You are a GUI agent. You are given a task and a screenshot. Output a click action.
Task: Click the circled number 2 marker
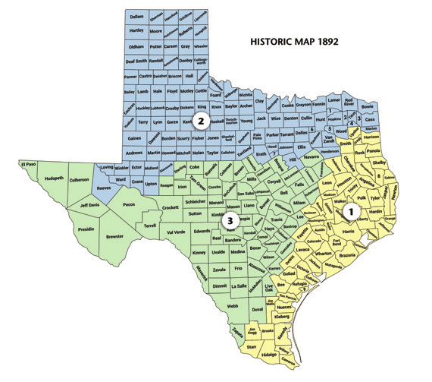[201, 121]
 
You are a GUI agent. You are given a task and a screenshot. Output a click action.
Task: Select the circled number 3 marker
[232, 220]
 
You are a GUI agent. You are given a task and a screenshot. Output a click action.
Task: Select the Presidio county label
[84, 229]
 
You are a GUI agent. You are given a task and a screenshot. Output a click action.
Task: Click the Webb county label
[232, 305]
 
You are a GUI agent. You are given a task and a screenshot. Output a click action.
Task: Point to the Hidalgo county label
[267, 355]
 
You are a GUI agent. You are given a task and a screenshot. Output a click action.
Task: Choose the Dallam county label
[136, 16]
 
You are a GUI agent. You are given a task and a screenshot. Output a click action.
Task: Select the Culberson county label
[80, 181]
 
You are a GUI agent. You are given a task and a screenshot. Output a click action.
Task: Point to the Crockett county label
[171, 207]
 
